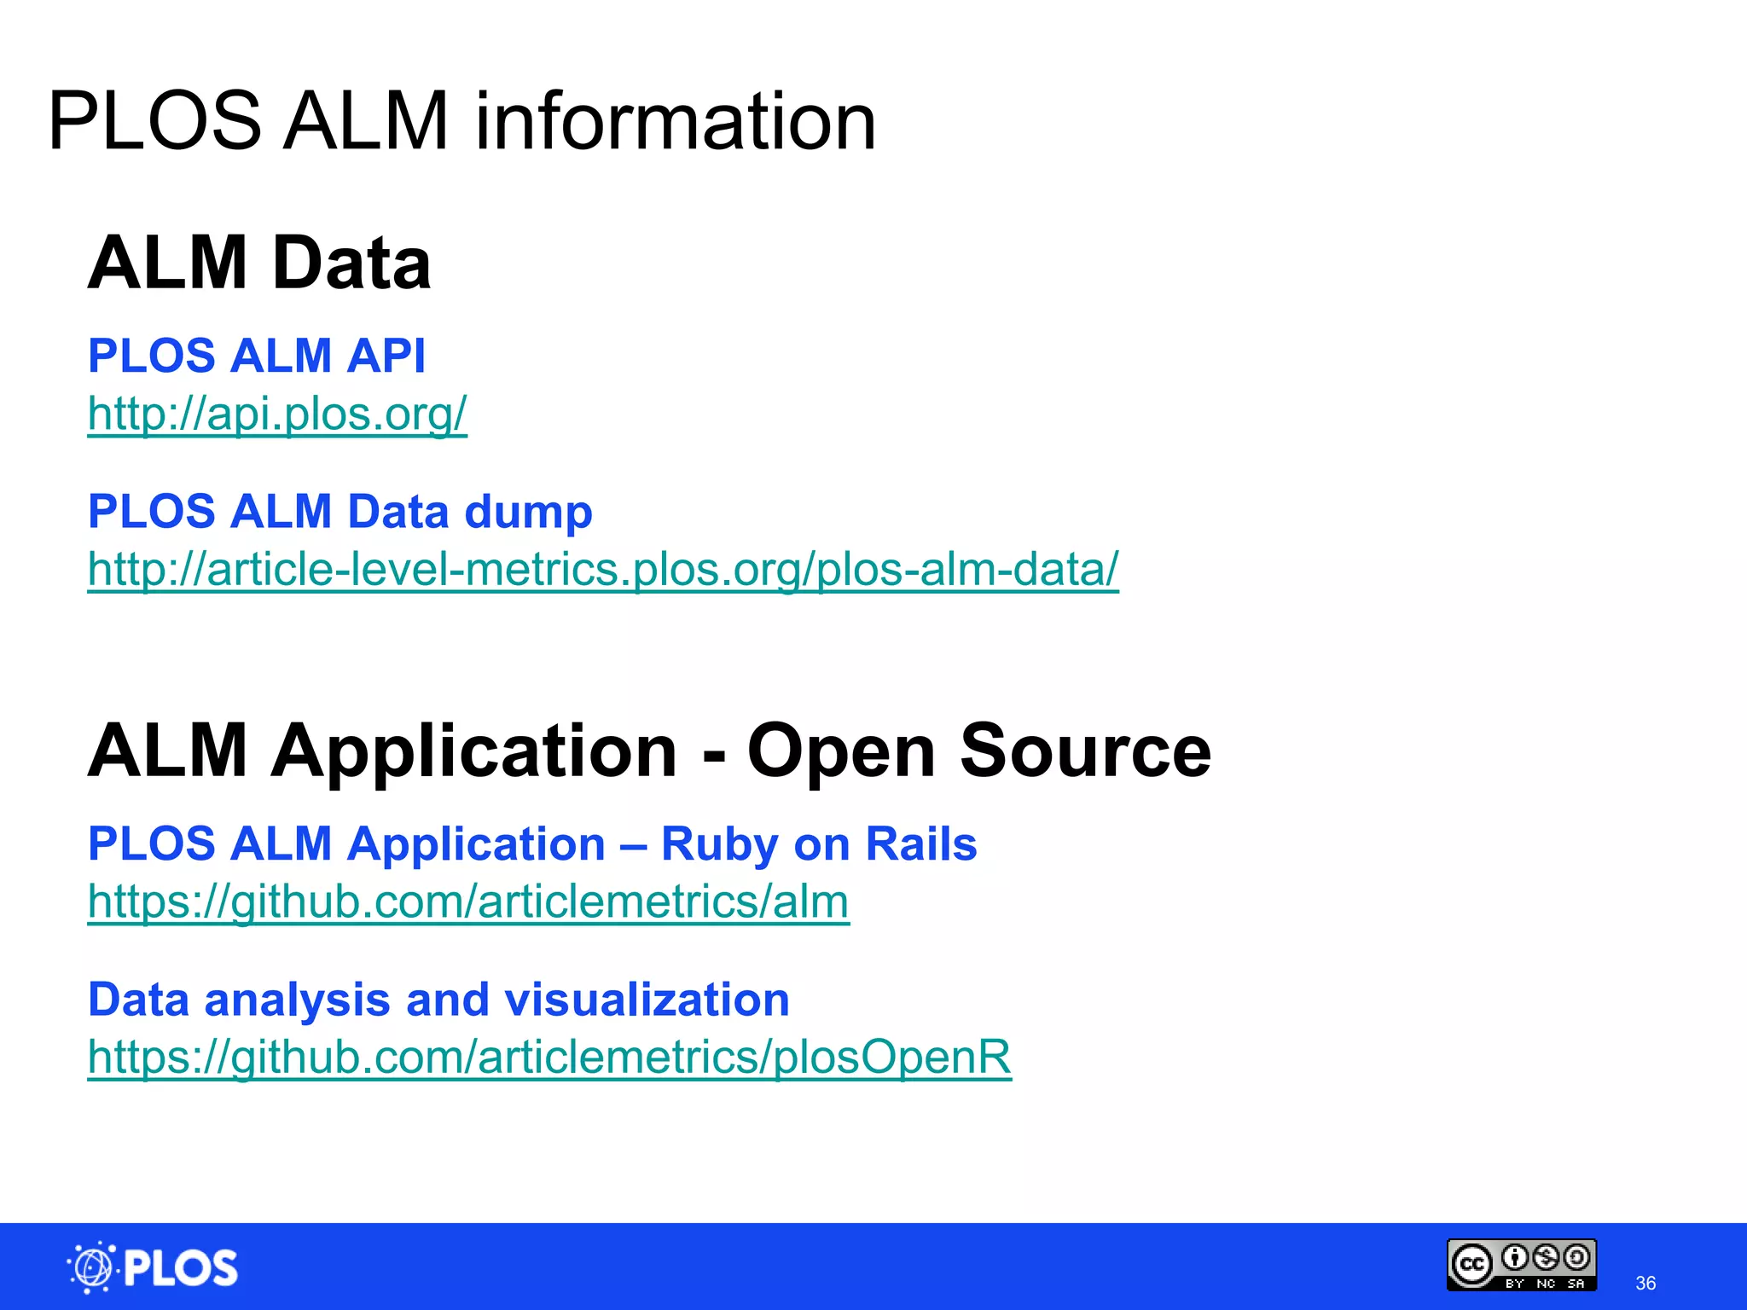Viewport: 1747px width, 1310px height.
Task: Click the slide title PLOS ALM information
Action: click(x=461, y=122)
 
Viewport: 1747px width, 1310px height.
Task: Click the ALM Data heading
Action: click(x=259, y=263)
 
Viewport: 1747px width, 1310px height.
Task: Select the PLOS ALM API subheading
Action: click(x=256, y=356)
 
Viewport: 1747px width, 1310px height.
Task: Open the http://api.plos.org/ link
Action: click(x=277, y=414)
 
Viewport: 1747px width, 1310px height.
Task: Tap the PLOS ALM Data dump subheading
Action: click(x=340, y=512)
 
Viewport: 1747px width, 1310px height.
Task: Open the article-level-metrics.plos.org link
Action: click(x=602, y=569)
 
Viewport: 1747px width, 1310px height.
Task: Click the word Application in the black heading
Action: click(x=473, y=751)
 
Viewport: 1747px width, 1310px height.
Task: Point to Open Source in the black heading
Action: click(x=978, y=751)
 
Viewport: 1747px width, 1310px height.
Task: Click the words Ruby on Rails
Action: click(x=818, y=844)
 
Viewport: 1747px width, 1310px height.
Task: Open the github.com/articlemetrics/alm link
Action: click(x=468, y=901)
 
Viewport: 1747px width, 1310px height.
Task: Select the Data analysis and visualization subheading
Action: click(x=438, y=1000)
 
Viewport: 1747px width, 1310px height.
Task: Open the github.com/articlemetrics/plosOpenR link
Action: click(x=549, y=1057)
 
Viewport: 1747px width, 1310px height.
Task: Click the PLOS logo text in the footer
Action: click(x=181, y=1268)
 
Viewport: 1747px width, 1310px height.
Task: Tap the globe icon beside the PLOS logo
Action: click(x=91, y=1267)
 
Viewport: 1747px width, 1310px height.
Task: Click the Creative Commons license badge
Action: click(x=1522, y=1265)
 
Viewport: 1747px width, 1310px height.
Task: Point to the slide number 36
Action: click(x=1645, y=1283)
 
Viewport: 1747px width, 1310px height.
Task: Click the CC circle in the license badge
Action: click(x=1472, y=1264)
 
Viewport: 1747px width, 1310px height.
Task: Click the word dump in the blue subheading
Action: click(x=528, y=512)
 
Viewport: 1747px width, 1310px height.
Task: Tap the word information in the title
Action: click(x=675, y=122)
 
